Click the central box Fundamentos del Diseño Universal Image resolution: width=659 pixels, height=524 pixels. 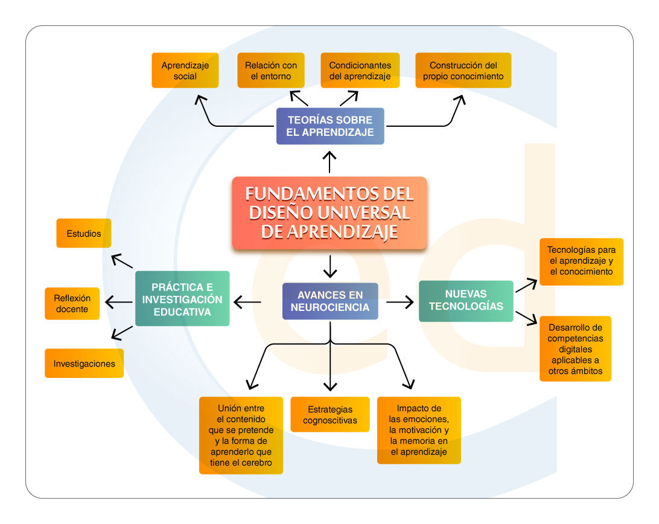point(329,212)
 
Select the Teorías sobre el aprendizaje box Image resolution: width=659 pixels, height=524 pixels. point(330,126)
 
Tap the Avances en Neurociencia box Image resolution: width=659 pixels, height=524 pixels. point(330,301)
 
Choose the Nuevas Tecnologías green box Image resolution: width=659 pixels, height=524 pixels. point(466,301)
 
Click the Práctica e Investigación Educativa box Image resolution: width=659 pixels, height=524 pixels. point(182,299)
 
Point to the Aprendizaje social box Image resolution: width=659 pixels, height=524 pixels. point(185,70)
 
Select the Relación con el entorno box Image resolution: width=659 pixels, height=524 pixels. point(271,70)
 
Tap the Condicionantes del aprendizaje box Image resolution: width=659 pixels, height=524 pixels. point(360,70)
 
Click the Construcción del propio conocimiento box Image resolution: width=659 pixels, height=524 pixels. point(463,70)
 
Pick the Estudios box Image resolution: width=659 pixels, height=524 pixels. point(84,233)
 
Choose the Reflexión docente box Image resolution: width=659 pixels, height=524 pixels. point(72,304)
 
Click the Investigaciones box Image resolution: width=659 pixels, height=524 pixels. point(84,363)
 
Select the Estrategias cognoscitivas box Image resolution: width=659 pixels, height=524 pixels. point(330,415)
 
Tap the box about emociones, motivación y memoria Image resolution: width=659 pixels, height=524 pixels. point(419,430)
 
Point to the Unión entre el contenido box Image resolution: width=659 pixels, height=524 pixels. point(241,435)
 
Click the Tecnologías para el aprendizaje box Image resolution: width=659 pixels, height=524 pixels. point(582,261)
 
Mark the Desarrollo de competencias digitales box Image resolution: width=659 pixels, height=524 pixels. point(575,349)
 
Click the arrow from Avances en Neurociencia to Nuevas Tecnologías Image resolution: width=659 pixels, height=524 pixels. point(400,302)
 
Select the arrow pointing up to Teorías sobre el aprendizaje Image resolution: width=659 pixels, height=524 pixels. point(329,162)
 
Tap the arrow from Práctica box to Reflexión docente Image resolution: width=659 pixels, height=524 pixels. point(119,302)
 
